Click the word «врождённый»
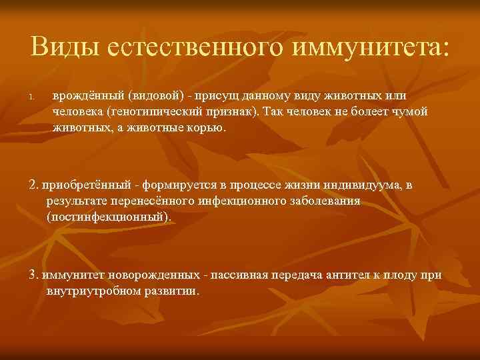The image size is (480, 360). (x=82, y=97)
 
